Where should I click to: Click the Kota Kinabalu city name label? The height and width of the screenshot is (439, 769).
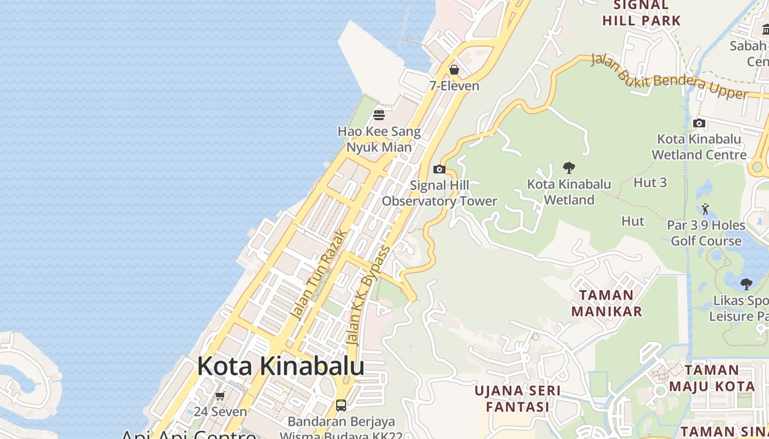pos(281,366)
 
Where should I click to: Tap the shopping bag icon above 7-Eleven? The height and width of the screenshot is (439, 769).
pos(454,70)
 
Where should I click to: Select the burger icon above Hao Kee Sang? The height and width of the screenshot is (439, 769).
pos(379,115)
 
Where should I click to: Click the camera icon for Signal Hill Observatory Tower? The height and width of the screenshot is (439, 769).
pos(439,169)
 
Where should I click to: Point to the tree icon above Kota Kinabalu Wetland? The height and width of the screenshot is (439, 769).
pos(569,167)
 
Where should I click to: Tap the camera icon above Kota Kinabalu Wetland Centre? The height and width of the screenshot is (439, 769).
pos(699,123)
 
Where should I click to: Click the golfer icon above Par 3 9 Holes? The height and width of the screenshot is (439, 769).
pos(706,209)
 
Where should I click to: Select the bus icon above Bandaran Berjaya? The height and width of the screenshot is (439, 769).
pos(341,406)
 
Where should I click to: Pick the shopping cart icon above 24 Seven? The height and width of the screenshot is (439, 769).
pos(220,396)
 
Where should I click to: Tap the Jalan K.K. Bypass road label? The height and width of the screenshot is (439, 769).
pos(369,296)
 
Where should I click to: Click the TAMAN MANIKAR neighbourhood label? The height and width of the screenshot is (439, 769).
pos(606,303)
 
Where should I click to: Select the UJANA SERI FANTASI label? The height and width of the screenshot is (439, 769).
pos(517,399)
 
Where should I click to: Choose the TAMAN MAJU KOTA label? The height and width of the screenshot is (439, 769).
pos(712,378)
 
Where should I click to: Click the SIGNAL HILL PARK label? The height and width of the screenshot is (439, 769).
pos(642,13)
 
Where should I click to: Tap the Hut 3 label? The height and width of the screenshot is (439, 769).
pos(650,182)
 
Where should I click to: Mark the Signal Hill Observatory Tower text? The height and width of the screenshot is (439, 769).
pos(439,193)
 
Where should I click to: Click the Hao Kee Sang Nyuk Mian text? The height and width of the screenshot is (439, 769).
pos(379,139)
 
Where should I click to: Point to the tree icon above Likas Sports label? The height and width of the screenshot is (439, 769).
pos(746,284)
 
